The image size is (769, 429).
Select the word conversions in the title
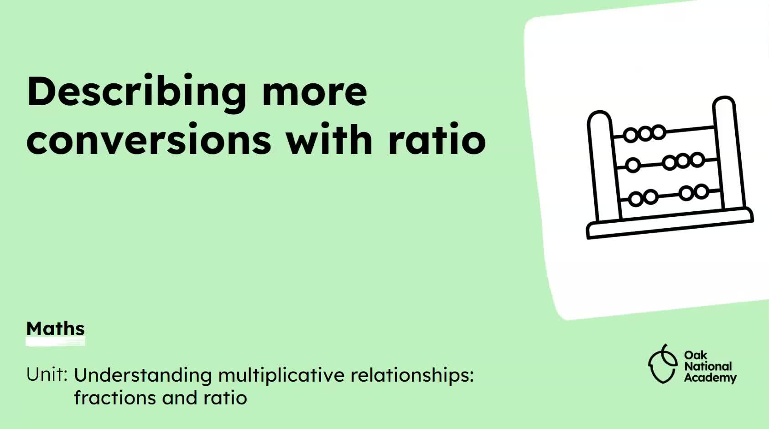[149, 140]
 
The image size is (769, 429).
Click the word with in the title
[330, 138]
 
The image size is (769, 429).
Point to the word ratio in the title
[437, 139]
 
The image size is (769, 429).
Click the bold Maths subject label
[55, 329]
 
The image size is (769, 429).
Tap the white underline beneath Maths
[55, 342]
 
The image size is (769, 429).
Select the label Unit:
[47, 374]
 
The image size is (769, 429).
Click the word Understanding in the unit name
[143, 376]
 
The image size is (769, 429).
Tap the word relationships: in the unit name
[412, 376]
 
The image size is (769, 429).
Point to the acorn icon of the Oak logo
[663, 364]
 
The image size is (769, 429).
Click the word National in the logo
[708, 366]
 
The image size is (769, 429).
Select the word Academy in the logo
[710, 378]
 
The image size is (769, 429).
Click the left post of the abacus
[604, 166]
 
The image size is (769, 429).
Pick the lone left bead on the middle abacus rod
[633, 165]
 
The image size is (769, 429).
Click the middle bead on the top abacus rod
[645, 133]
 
